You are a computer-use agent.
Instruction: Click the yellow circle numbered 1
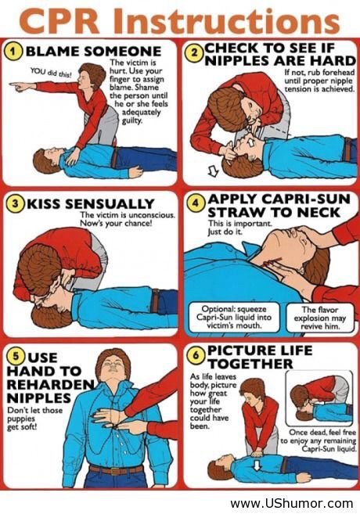[x=13, y=52]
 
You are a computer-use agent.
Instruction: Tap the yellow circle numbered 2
[x=195, y=53]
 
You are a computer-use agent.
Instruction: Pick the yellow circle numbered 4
[x=196, y=203]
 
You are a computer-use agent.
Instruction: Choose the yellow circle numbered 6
[x=196, y=355]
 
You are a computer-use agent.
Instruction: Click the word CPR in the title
[x=61, y=20]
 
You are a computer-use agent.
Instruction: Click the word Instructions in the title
[x=226, y=20]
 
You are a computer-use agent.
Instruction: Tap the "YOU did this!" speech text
[x=51, y=73]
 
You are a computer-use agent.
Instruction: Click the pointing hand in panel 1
[x=20, y=86]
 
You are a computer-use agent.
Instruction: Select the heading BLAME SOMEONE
[x=93, y=52]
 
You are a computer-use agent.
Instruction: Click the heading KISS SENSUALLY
[x=90, y=204]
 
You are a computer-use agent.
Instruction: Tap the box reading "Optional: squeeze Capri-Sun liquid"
[x=234, y=318]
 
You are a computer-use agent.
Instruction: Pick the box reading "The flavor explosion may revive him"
[x=319, y=318]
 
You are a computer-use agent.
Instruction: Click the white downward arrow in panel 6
[x=257, y=465]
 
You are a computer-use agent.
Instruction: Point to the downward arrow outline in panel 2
[x=214, y=171]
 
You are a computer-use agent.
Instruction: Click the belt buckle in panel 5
[x=115, y=471]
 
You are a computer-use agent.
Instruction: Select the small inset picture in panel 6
[x=319, y=398]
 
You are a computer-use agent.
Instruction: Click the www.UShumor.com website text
[x=292, y=503]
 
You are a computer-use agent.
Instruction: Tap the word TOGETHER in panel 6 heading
[x=250, y=364]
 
